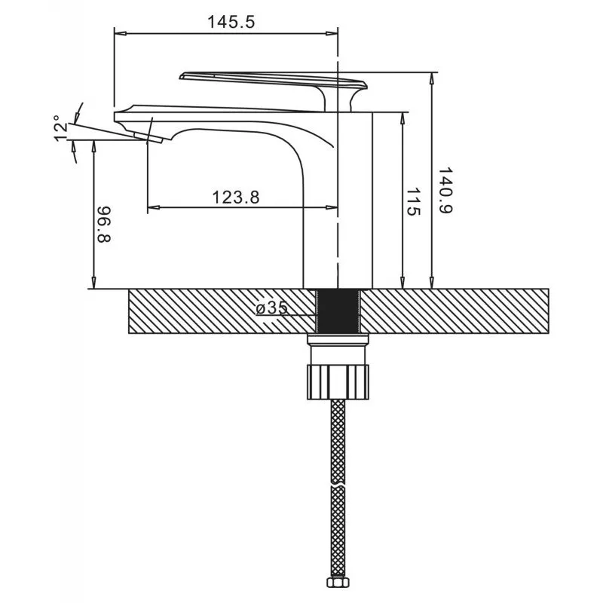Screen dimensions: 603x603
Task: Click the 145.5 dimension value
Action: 231,22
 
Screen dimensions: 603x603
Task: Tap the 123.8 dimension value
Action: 236,197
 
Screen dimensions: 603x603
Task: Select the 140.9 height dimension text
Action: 445,191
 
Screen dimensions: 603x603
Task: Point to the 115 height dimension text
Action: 413,202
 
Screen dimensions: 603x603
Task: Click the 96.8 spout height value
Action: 103,225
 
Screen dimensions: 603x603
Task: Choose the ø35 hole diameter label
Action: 272,308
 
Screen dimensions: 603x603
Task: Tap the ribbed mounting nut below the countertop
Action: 338,382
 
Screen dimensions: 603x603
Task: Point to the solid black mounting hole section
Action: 338,311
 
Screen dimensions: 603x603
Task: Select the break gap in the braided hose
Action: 338,485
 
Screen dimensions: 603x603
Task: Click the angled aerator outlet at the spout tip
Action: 148,138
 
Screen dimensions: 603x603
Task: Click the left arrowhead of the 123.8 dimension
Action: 154,208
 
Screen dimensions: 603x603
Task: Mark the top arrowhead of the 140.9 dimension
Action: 432,78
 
